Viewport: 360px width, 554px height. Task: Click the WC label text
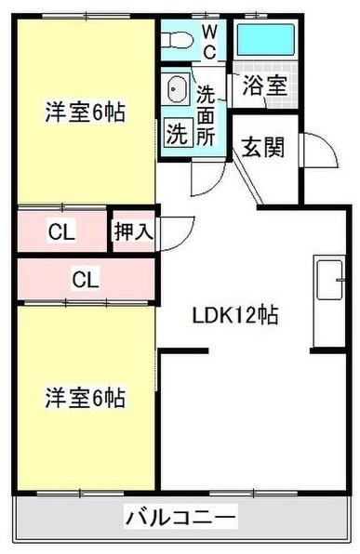[x=209, y=43]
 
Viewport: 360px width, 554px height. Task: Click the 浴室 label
[x=265, y=86]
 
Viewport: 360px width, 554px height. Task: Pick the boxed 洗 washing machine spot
[x=176, y=132]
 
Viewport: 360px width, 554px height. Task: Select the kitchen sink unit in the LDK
[x=327, y=278]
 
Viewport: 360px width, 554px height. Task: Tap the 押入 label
[x=133, y=231]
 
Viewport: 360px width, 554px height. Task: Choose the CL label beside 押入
[x=62, y=231]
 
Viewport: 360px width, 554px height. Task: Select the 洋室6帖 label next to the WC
[x=86, y=114]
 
